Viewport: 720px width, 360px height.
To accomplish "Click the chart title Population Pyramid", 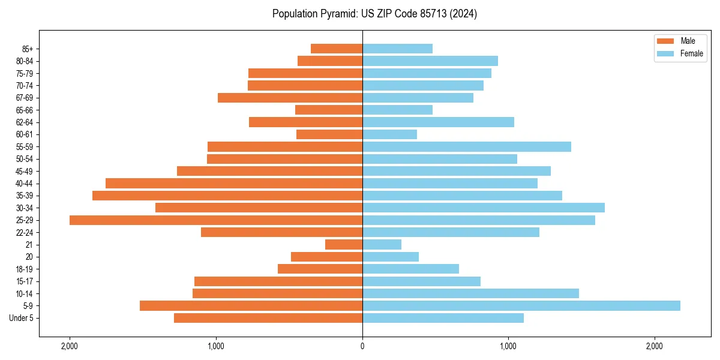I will [374, 14].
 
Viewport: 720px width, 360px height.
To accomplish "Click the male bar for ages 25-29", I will [216, 220].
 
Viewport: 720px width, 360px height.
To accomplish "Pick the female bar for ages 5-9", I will [521, 306].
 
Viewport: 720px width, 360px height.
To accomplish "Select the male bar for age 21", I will [344, 245].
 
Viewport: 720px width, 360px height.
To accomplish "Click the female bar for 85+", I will [397, 49].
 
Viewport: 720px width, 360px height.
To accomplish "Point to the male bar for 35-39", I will [227, 196].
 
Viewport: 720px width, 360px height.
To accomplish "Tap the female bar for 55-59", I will [467, 147].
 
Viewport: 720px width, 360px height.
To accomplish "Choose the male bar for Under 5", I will [268, 318].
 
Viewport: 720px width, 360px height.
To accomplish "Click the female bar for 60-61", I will [389, 134].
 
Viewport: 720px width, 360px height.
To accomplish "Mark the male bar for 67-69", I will [290, 98].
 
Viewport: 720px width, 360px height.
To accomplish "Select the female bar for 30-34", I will [484, 208].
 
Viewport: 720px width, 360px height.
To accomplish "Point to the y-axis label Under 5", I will [22, 318].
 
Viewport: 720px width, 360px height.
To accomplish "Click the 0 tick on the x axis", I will [362, 346].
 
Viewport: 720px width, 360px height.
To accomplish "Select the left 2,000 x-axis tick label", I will [70, 346].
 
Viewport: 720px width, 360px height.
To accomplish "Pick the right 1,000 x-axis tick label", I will [508, 346].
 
